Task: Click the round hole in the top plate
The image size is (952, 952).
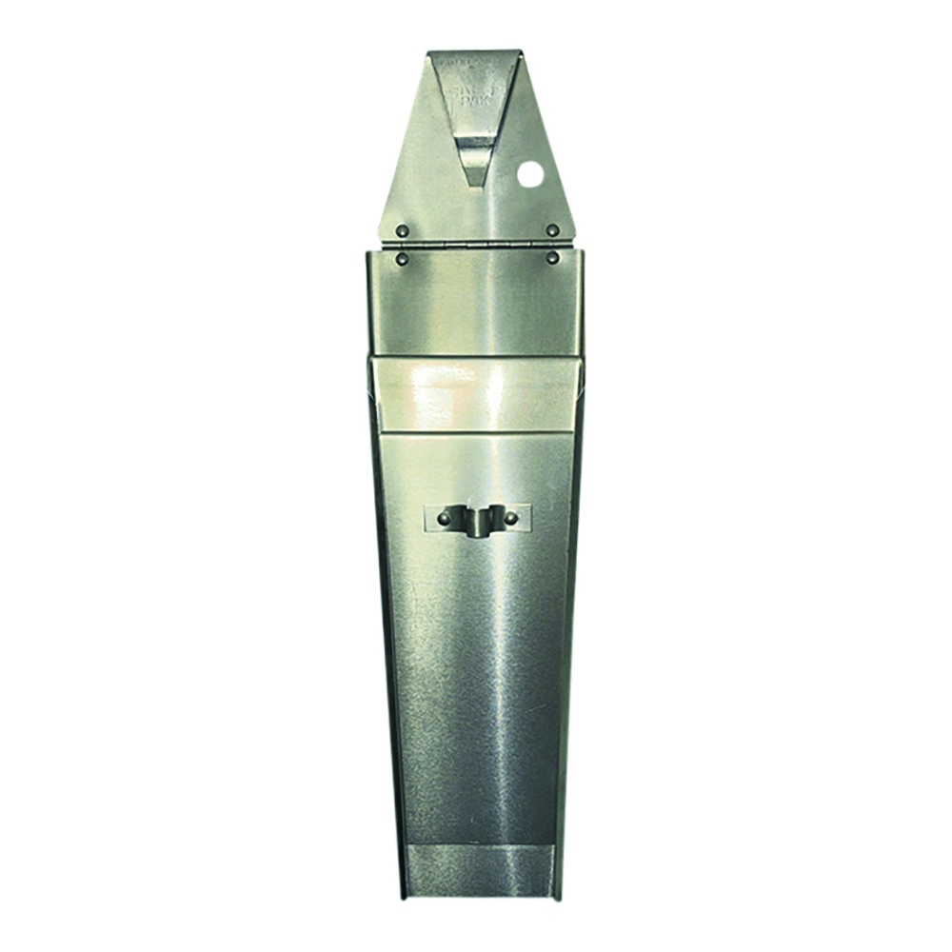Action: [530, 173]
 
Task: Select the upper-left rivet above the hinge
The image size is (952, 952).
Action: [403, 230]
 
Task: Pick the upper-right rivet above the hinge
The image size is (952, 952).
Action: [552, 230]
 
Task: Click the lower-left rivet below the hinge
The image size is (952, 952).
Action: [403, 258]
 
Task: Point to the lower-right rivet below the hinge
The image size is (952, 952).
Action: [552, 258]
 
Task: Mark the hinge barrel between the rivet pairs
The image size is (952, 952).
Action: [476, 245]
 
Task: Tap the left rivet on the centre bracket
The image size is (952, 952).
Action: [444, 518]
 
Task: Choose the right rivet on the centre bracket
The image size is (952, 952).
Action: [510, 518]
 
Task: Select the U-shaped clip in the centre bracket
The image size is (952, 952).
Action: [477, 521]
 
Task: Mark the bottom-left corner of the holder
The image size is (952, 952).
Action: [404, 897]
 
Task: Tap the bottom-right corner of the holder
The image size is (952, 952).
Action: [552, 897]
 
